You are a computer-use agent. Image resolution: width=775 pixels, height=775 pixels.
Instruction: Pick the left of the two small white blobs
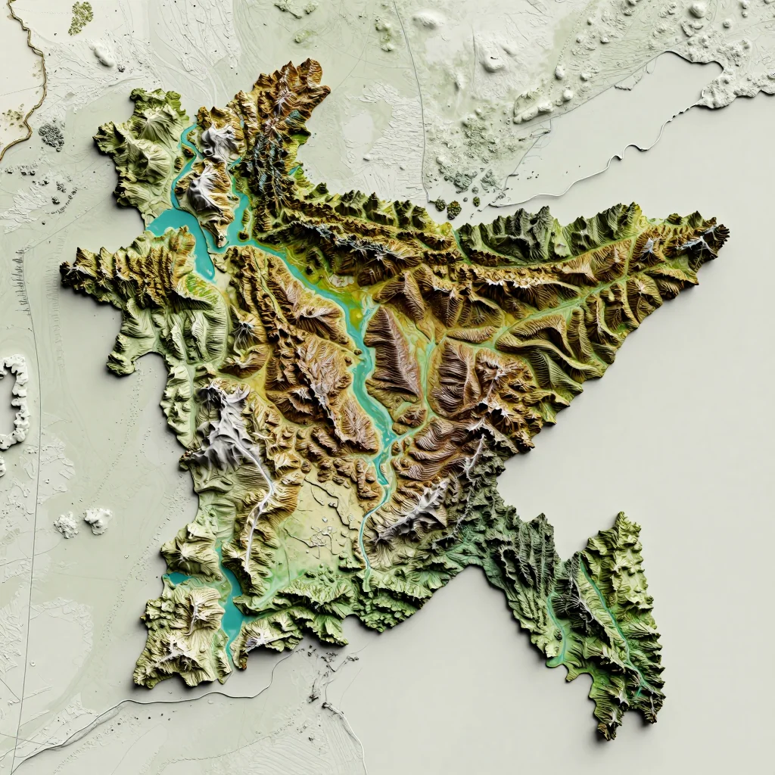[66, 524]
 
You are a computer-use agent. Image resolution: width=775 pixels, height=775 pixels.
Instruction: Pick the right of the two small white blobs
[98, 518]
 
